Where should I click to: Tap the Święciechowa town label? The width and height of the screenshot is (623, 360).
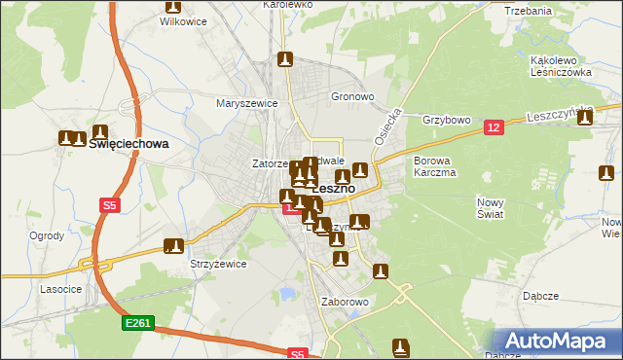click(x=128, y=143)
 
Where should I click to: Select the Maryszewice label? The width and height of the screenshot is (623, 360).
click(x=247, y=102)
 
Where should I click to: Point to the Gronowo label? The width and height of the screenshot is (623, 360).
click(x=352, y=97)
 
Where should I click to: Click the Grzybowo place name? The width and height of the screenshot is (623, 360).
click(x=447, y=121)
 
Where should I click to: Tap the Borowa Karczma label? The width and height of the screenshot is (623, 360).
click(x=435, y=165)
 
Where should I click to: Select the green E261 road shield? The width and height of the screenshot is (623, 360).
click(x=137, y=322)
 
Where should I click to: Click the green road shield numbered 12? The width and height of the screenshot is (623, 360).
click(x=495, y=127)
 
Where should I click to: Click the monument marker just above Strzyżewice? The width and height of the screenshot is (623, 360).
click(x=174, y=247)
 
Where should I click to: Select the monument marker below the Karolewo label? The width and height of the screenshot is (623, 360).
click(x=284, y=60)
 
